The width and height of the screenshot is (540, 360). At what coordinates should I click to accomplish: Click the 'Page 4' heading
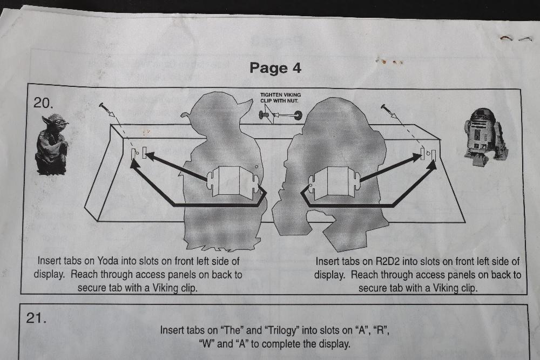[275, 68]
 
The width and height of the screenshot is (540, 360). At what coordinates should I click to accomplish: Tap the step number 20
[43, 103]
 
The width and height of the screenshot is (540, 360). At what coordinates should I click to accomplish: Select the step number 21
[36, 318]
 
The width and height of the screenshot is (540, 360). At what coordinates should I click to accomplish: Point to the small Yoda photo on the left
[52, 145]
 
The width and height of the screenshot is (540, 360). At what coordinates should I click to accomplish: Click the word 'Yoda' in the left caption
[108, 261]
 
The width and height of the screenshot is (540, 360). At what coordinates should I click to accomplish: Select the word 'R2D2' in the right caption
[387, 261]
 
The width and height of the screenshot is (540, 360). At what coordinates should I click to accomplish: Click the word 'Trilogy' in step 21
[282, 330]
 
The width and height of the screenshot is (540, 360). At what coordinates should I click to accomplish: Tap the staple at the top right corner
[516, 38]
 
